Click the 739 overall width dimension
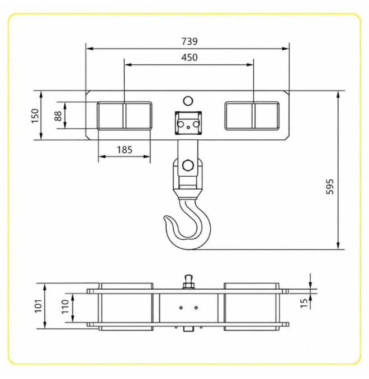click(190, 41)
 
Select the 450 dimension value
click(190, 58)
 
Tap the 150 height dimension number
click(35, 116)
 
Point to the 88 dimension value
click(58, 116)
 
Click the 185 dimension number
click(125, 150)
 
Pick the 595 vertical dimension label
click(330, 186)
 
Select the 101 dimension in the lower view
click(39, 306)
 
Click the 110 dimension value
click(65, 306)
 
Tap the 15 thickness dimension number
click(304, 304)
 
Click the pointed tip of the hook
click(165, 218)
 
